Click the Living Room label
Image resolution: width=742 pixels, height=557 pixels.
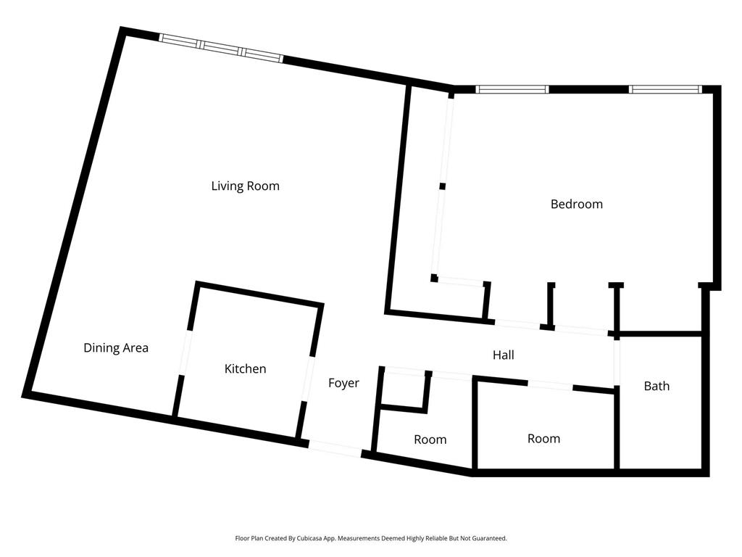(245, 186)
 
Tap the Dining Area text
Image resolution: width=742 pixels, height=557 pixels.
(116, 348)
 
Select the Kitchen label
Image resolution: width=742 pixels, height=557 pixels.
(245, 369)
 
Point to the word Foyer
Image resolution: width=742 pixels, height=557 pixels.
(343, 383)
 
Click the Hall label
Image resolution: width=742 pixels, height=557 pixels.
(503, 355)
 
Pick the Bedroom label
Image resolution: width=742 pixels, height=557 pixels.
(576, 204)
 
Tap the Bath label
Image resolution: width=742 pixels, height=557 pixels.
(656, 386)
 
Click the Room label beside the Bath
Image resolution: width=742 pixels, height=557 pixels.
(543, 439)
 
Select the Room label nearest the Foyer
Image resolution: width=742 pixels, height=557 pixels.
(430, 440)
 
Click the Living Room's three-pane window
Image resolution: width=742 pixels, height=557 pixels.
(221, 49)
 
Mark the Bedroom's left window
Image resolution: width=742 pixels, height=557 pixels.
(512, 89)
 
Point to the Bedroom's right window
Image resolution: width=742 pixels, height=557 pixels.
(665, 89)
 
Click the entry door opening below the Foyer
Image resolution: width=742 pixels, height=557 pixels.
(335, 448)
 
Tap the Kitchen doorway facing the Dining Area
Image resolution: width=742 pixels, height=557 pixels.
(185, 353)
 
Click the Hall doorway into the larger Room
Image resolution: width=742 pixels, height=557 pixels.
(550, 385)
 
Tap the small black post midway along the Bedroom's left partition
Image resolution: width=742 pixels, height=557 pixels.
(442, 186)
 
